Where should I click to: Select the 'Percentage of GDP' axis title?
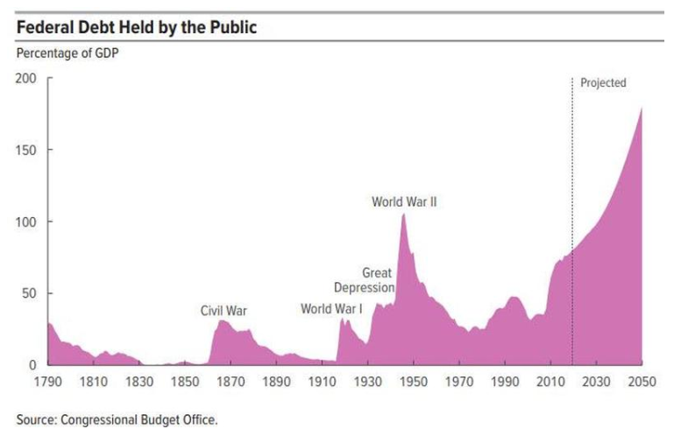67,54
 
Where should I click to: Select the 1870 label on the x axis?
231,382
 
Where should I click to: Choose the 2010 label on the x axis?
550,382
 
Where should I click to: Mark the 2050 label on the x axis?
642,382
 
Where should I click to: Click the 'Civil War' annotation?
224,310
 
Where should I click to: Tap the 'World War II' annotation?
404,201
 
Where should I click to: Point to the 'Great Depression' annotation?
365,280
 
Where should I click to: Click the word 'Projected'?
603,83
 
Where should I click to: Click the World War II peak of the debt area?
403,215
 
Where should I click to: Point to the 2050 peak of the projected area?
642,109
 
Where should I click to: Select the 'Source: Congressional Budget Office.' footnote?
117,419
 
